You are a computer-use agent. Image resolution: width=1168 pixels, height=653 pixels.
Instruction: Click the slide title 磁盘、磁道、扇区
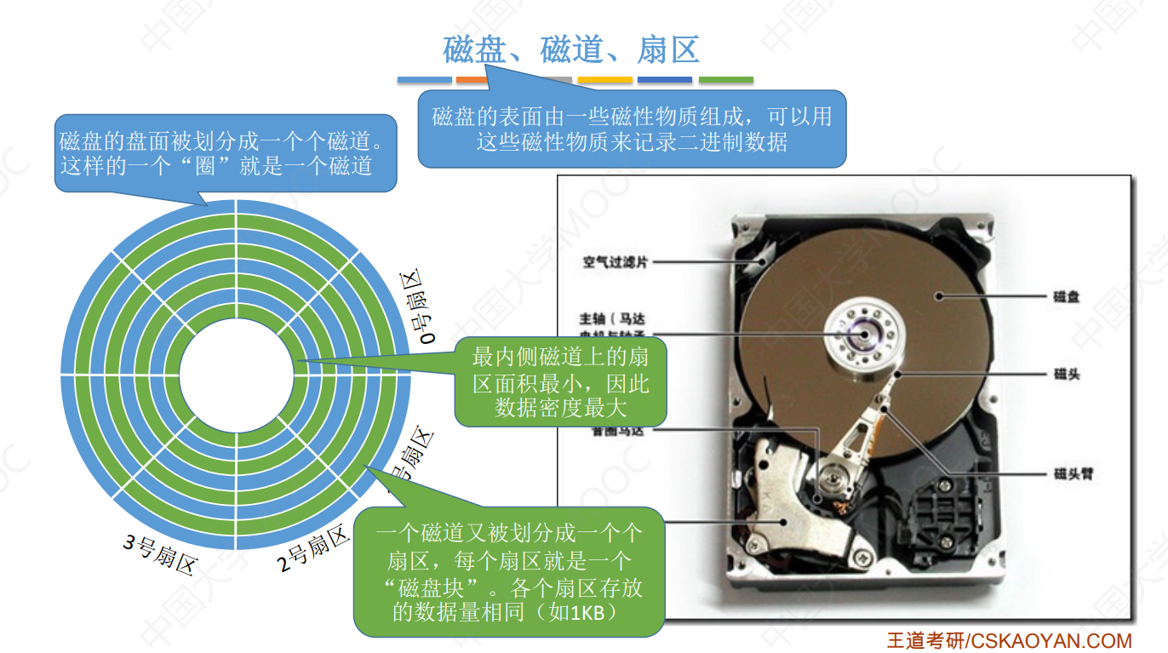pos(571,50)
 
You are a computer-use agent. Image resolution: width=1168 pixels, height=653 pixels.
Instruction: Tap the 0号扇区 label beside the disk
pos(417,308)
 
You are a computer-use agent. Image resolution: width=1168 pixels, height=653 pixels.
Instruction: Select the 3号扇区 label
pos(160,553)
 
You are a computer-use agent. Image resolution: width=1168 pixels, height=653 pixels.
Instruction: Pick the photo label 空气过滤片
pos(615,263)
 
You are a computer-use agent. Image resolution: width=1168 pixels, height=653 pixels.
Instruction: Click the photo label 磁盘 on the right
pos(1066,297)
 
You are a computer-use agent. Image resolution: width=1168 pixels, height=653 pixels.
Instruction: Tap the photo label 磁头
pos(1066,374)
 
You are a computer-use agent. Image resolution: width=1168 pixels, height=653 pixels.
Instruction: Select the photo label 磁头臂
pos(1072,473)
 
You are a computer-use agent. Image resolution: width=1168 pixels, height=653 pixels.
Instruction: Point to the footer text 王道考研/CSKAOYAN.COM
pos(1009,640)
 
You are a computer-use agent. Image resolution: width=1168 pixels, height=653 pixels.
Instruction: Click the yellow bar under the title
pos(604,80)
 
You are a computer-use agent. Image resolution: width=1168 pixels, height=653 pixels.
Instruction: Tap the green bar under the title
pos(725,80)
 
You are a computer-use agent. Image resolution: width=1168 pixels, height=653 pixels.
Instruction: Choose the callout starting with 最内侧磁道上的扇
pos(559,382)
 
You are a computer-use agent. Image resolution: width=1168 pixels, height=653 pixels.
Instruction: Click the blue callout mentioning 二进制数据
pos(631,129)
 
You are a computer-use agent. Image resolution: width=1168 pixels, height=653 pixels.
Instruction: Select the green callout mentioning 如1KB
pos(508,572)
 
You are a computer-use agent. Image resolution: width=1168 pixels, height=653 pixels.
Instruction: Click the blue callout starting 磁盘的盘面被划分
pos(226,152)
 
